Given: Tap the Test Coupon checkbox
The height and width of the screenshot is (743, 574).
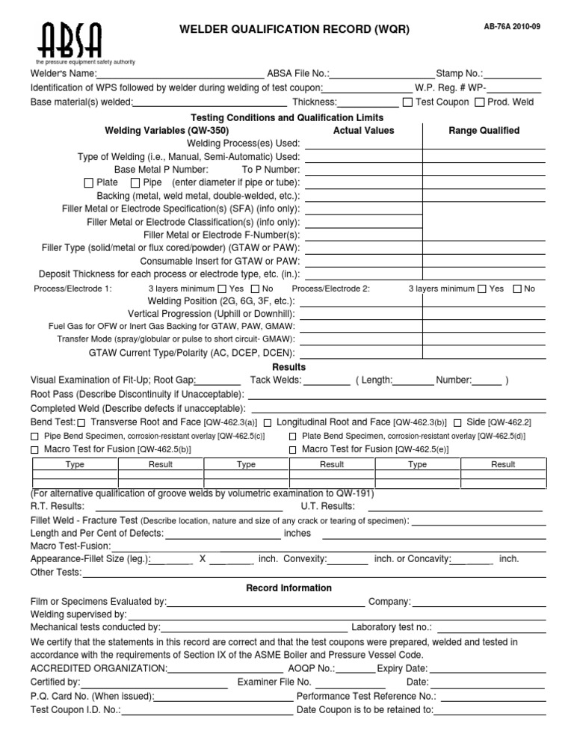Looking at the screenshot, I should [407, 102].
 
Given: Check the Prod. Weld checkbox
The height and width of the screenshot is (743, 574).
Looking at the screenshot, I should [481, 102].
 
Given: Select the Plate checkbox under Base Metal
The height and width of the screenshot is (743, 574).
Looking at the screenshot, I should [89, 183].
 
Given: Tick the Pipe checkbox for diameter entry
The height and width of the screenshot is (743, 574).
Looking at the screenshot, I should [135, 183].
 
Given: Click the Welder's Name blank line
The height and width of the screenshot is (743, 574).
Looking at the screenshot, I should [182, 75].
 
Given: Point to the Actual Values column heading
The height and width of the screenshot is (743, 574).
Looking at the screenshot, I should [363, 130].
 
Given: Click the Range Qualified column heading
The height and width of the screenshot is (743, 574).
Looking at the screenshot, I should [484, 130].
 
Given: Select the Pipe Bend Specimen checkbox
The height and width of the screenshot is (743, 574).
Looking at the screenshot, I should [34, 436].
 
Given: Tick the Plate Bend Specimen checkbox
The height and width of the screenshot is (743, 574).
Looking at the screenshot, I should [293, 436].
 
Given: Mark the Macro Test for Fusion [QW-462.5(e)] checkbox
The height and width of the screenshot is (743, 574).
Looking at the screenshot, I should [293, 450].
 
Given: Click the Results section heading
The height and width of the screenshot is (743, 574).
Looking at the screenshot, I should [288, 367].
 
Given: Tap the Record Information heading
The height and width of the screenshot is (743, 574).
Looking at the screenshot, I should [288, 588].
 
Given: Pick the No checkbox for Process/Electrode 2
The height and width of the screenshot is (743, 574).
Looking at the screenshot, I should [517, 289].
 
